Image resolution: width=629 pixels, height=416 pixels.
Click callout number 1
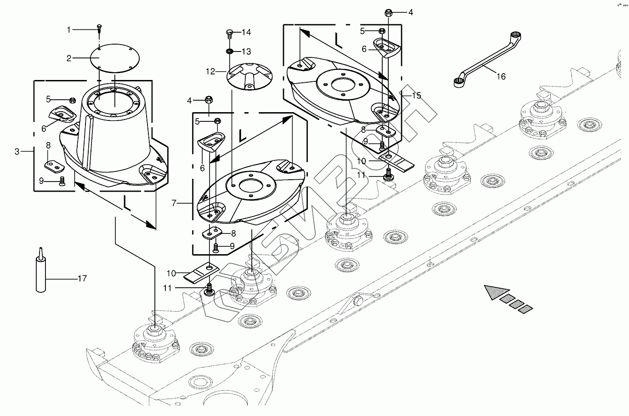69,29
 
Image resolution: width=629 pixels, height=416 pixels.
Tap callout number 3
17,152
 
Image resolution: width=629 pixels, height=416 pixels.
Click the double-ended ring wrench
487,60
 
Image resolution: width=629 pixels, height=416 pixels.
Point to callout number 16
501,76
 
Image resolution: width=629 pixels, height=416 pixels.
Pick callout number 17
82,279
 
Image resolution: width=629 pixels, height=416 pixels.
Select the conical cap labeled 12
249,76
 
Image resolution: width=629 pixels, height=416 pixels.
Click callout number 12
210,71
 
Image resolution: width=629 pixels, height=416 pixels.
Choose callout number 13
246,51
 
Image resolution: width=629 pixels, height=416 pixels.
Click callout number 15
416,96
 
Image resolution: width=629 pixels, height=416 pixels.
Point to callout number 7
174,203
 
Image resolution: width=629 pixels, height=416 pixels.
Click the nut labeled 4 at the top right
388,12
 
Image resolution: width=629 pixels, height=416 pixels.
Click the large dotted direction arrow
508,299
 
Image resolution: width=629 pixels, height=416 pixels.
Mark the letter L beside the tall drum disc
127,203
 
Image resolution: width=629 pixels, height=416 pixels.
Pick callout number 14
246,32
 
